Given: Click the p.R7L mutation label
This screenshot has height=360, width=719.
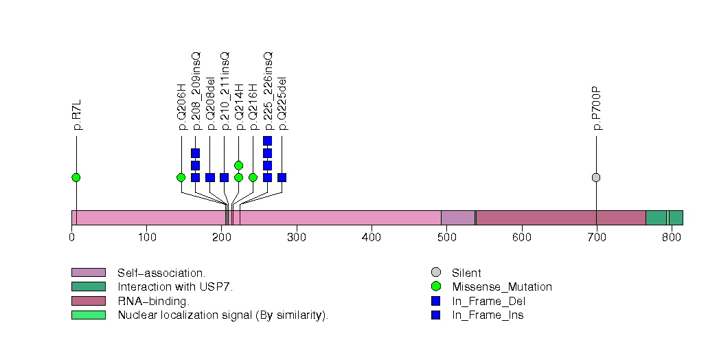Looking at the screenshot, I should pos(77,114).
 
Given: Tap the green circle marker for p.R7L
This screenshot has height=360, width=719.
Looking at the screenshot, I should pos(76,177).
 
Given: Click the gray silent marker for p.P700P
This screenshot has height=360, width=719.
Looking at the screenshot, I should pos(596,177).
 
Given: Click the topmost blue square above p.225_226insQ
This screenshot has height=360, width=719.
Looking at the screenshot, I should pos(267,141).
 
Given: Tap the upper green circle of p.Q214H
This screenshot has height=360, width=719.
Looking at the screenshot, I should pos(238,165).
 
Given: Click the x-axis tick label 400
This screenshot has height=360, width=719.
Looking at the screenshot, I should pos(372,238).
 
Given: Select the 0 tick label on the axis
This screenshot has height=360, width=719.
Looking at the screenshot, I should pos(71,238).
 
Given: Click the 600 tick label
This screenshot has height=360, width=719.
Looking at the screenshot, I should pos(521,238).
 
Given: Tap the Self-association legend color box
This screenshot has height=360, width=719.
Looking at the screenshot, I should pos(88,273).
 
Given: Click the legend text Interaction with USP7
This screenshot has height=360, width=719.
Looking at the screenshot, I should pos(175,287).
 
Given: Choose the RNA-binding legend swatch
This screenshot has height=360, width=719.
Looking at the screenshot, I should pos(88,301).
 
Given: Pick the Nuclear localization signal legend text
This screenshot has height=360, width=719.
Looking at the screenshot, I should pos(222,315).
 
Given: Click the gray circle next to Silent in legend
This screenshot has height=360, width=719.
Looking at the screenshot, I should pos(435,273).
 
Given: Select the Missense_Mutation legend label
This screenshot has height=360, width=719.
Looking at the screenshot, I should pos(501,287).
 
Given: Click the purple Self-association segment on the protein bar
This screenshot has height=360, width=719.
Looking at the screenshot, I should pos(457,218).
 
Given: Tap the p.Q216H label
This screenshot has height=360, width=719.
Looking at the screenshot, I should pos(253,106).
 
